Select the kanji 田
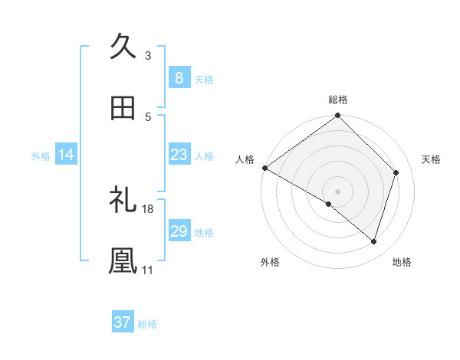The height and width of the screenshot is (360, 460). pyautogui.click(x=123, y=108)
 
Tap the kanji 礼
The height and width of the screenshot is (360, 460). pyautogui.click(x=123, y=200)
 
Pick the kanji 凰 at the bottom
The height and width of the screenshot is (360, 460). pyautogui.click(x=123, y=260)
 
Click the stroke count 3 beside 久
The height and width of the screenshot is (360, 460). pyautogui.click(x=148, y=55)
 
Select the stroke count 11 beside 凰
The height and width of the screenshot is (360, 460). pyautogui.click(x=148, y=270)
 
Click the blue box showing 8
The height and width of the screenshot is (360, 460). pyautogui.click(x=179, y=77)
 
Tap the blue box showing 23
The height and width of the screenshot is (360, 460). pyautogui.click(x=179, y=155)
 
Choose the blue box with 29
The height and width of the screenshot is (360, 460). pyautogui.click(x=179, y=231)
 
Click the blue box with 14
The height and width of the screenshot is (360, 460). pyautogui.click(x=66, y=155)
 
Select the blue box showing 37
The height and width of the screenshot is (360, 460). pyautogui.click(x=122, y=322)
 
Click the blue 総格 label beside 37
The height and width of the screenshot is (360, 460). pyautogui.click(x=147, y=324)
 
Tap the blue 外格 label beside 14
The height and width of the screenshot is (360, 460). pyautogui.click(x=41, y=155)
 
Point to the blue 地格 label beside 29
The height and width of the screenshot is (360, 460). pyautogui.click(x=204, y=232)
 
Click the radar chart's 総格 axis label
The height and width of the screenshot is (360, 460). pyautogui.click(x=338, y=100)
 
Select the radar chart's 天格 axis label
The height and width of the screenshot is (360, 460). pyautogui.click(x=432, y=159)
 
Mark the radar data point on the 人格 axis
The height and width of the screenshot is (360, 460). pyautogui.click(x=264, y=168)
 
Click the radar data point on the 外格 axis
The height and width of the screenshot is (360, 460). pyautogui.click(x=329, y=204)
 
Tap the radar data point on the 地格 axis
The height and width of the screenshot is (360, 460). pyautogui.click(x=373, y=241)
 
